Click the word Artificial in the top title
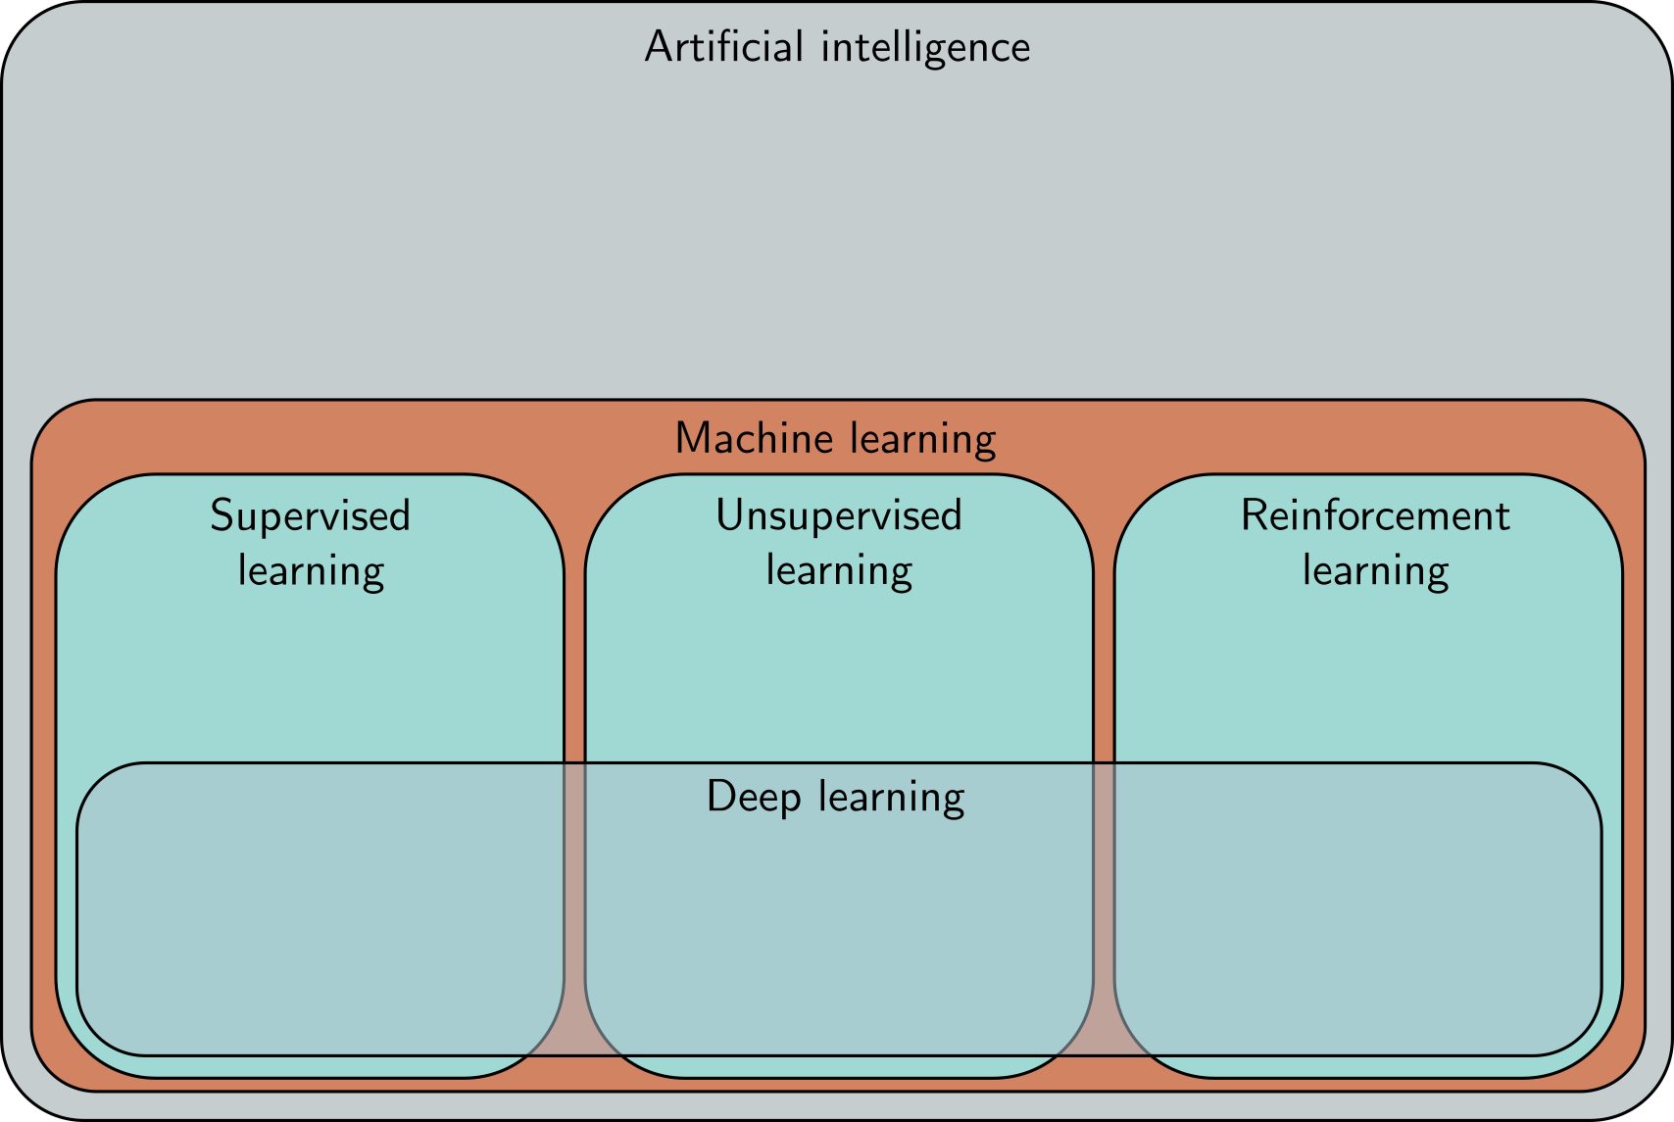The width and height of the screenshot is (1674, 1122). point(723,47)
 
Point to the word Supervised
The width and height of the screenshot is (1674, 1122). point(310,516)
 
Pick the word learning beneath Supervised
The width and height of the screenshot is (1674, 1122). point(311,571)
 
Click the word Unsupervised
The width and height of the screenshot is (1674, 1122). point(839,516)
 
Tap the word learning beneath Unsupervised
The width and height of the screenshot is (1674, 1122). point(839,571)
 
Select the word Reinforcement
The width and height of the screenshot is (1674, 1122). point(1375,515)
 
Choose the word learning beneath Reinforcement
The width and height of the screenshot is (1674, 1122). point(1375,571)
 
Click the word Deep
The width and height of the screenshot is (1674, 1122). point(754,798)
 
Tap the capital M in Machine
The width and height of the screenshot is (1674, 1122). point(692,438)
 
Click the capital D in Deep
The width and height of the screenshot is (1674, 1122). point(719,796)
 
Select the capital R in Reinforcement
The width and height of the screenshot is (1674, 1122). point(1255,515)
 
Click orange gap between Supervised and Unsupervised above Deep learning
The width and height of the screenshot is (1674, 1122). point(574,666)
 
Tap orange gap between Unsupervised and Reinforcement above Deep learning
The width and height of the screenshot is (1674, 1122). point(1104,666)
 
